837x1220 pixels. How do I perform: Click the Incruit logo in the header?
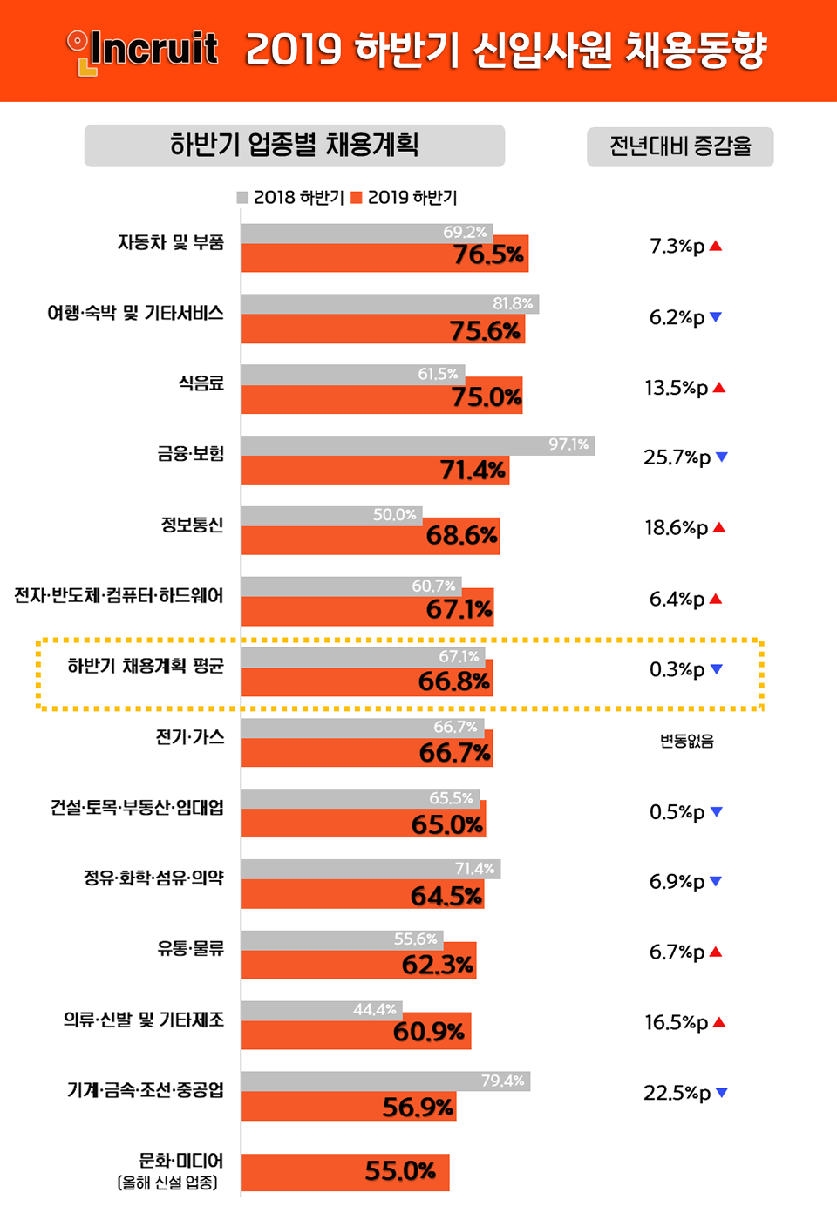tap(144, 51)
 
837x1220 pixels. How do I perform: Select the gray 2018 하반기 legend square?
tap(242, 198)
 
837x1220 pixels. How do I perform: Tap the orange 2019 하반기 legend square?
tap(357, 198)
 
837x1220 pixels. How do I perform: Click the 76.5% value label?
tap(488, 255)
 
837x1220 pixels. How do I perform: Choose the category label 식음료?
tap(201, 383)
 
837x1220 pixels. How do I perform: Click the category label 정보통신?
tap(192, 525)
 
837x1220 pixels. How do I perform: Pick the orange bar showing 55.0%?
tap(344, 1172)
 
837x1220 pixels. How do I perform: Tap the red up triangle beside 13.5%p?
tap(719, 388)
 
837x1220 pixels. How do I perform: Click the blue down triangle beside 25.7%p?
tap(722, 457)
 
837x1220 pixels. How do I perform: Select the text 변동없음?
tap(687, 742)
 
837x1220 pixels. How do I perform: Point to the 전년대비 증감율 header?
tap(680, 146)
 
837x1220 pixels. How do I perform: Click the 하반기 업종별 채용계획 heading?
tap(295, 145)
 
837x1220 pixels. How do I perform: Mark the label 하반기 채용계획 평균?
tap(146, 667)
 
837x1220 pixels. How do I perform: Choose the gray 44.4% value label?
tap(375, 1010)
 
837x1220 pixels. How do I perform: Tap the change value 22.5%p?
tap(677, 1093)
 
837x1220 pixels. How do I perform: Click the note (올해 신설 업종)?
tap(167, 1183)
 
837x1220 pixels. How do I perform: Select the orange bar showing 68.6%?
tap(370, 536)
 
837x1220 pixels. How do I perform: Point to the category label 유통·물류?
tap(190, 948)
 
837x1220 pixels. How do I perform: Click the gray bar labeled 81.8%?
tap(389, 304)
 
